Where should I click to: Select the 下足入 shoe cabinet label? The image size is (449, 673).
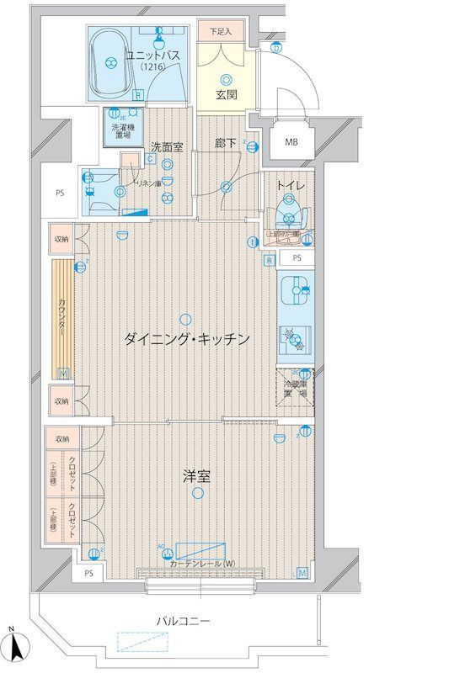tap(221, 31)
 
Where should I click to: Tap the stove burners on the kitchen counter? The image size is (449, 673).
tap(295, 339)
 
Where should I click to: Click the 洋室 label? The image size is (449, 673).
tap(196, 476)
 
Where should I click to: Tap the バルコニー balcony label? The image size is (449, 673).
tap(181, 621)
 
